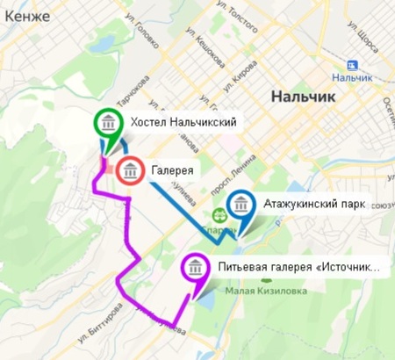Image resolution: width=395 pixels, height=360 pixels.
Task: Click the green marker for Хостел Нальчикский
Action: click(107, 123)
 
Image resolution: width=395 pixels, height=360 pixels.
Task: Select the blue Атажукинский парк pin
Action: click(241, 208)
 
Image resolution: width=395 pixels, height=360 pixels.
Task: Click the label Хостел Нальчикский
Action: click(183, 121)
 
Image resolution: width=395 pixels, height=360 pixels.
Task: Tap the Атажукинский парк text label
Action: click(313, 205)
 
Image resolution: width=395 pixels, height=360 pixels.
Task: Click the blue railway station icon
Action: click(353, 66)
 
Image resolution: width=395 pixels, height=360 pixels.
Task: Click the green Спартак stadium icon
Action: click(219, 212)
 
